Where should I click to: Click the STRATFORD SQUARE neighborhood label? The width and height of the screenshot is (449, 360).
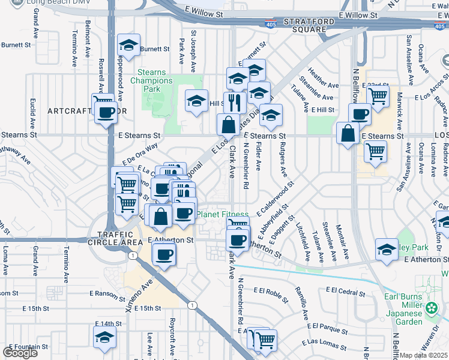point(304,23)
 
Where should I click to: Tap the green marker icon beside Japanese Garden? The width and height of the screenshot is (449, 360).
point(431,309)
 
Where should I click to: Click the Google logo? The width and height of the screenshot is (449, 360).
point(20,352)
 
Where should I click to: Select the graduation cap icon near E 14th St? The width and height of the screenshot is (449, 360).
point(104,337)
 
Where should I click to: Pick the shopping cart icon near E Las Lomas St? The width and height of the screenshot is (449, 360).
point(265,340)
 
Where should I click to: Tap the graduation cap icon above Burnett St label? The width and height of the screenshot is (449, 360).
point(128,44)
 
